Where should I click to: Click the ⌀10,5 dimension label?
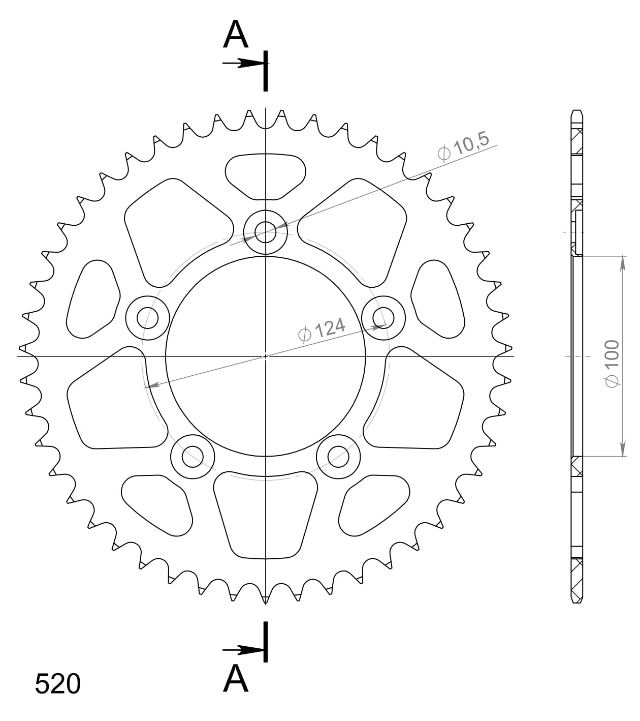click(463, 146)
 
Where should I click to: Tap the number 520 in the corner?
click(57, 684)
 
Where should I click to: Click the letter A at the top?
click(236, 35)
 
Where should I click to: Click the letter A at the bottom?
click(236, 678)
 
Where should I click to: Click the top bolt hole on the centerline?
click(265, 233)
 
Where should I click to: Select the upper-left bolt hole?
click(147, 318)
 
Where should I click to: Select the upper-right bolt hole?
click(383, 318)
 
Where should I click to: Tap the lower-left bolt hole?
click(192, 456)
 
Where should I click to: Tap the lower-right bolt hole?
click(338, 456)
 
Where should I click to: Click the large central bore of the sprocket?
click(265, 356)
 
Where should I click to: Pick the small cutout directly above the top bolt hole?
click(265, 176)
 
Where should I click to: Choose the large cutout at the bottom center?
click(265, 514)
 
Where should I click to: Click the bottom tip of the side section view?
click(577, 602)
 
